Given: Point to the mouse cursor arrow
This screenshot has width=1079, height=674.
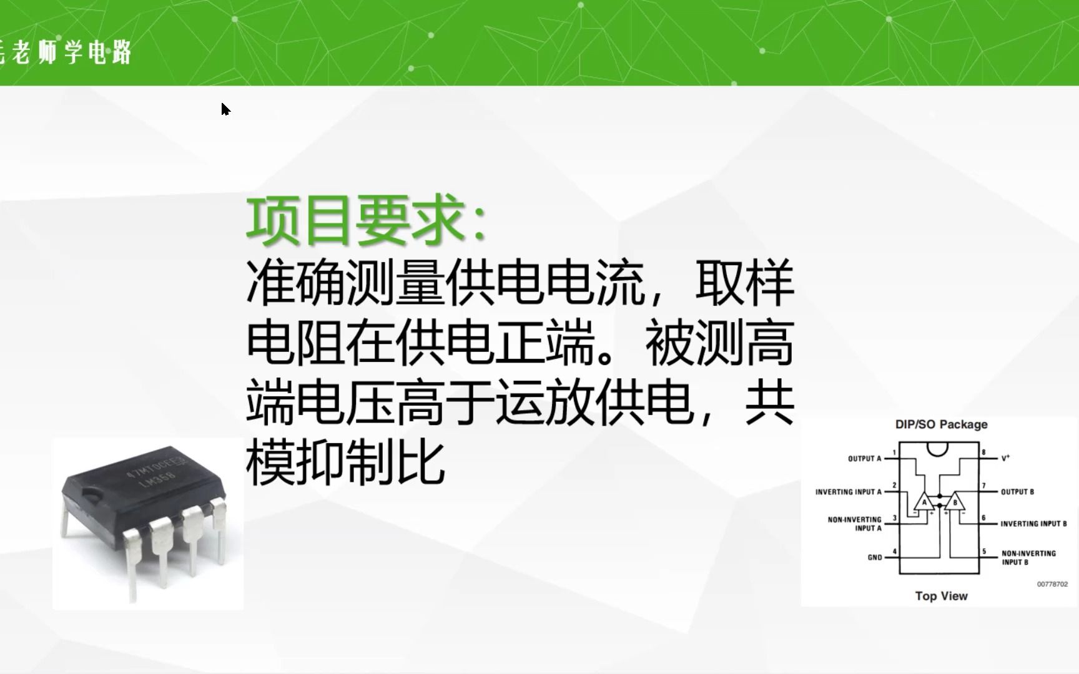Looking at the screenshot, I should point(225,109).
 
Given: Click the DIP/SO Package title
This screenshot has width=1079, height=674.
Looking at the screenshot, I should point(941,424).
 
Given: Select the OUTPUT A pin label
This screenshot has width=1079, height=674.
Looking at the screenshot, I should point(864,459).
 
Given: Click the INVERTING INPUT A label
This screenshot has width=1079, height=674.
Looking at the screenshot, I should point(848,492).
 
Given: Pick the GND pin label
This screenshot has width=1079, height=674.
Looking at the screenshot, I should point(874,557).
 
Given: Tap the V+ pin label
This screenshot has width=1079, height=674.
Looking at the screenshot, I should point(1005,458).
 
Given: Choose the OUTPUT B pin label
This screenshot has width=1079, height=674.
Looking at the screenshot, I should point(1017,492).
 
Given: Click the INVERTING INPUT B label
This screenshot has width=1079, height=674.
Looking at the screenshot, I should point(1033,524).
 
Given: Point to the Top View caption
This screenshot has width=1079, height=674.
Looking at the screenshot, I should point(941,596).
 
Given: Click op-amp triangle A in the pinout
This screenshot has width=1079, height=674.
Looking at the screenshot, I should point(924,502).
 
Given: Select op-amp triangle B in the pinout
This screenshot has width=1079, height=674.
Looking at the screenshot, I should point(954,502).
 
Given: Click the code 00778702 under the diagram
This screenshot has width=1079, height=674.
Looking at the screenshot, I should point(1052,584).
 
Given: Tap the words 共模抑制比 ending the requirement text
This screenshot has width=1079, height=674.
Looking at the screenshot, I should point(345,462).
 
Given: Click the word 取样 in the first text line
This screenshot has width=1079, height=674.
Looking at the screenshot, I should point(744,283).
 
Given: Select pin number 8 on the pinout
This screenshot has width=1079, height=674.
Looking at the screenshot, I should point(983,452).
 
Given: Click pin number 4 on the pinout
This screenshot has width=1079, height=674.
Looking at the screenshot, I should point(895,551).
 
